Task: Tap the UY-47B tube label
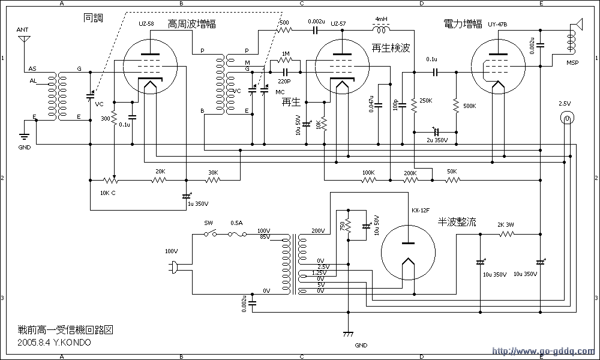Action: [498, 24]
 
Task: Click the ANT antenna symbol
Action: [23, 40]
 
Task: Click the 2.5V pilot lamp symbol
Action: [565, 118]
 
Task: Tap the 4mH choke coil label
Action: [381, 19]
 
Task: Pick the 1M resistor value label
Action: [286, 54]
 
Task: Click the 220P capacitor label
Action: [284, 80]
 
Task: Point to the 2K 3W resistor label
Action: [506, 224]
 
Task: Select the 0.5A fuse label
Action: [236, 223]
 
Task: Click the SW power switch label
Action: [209, 223]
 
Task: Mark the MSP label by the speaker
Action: [573, 62]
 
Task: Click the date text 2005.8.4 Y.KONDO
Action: [55, 343]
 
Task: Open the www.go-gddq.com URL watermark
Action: [543, 351]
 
